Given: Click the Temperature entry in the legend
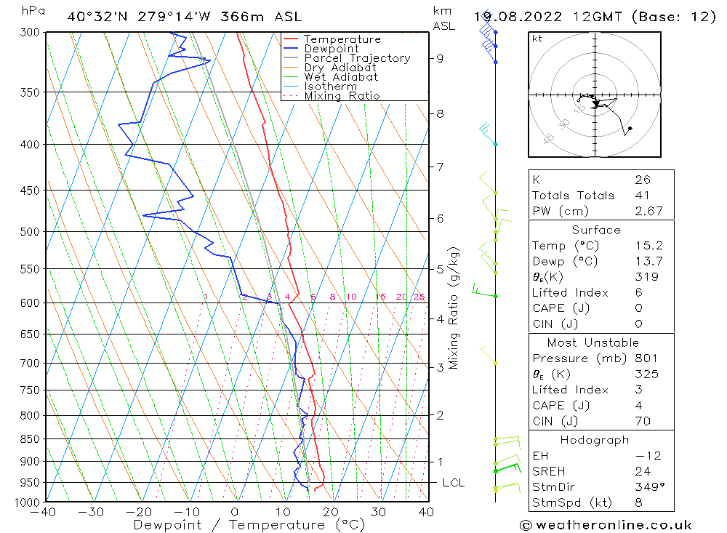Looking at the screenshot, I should pyautogui.click(x=342, y=39).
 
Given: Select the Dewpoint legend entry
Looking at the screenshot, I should pyautogui.click(x=331, y=49).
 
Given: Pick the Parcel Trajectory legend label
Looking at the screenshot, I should pyautogui.click(x=357, y=58).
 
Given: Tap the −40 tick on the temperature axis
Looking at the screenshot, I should pyautogui.click(x=44, y=512).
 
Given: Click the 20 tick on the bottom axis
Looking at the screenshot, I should pyautogui.click(x=331, y=512).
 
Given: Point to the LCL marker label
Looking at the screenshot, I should pyautogui.click(x=453, y=483).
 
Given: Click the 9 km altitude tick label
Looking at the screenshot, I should pyautogui.click(x=440, y=58).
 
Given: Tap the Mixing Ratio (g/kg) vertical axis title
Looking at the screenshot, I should pyautogui.click(x=454, y=308).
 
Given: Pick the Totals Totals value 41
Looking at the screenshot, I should pyautogui.click(x=643, y=196).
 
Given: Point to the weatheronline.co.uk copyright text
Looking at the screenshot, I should pyautogui.click(x=606, y=525).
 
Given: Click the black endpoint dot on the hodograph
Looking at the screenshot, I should pyautogui.click(x=630, y=129).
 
